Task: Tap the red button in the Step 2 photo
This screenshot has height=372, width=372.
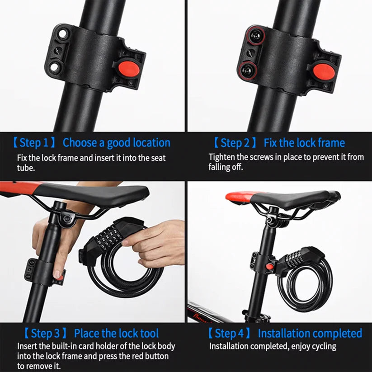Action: [321, 71]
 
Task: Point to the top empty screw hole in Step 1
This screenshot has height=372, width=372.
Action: [60, 33]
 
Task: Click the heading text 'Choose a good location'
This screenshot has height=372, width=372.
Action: [117, 143]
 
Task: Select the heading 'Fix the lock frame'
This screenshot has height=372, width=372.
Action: [304, 143]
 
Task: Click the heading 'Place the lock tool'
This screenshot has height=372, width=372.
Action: [117, 334]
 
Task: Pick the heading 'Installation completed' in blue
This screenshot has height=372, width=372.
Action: [310, 334]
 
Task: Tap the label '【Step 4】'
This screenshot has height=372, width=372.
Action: [229, 334]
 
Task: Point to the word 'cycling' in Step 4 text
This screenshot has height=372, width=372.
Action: [323, 347]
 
